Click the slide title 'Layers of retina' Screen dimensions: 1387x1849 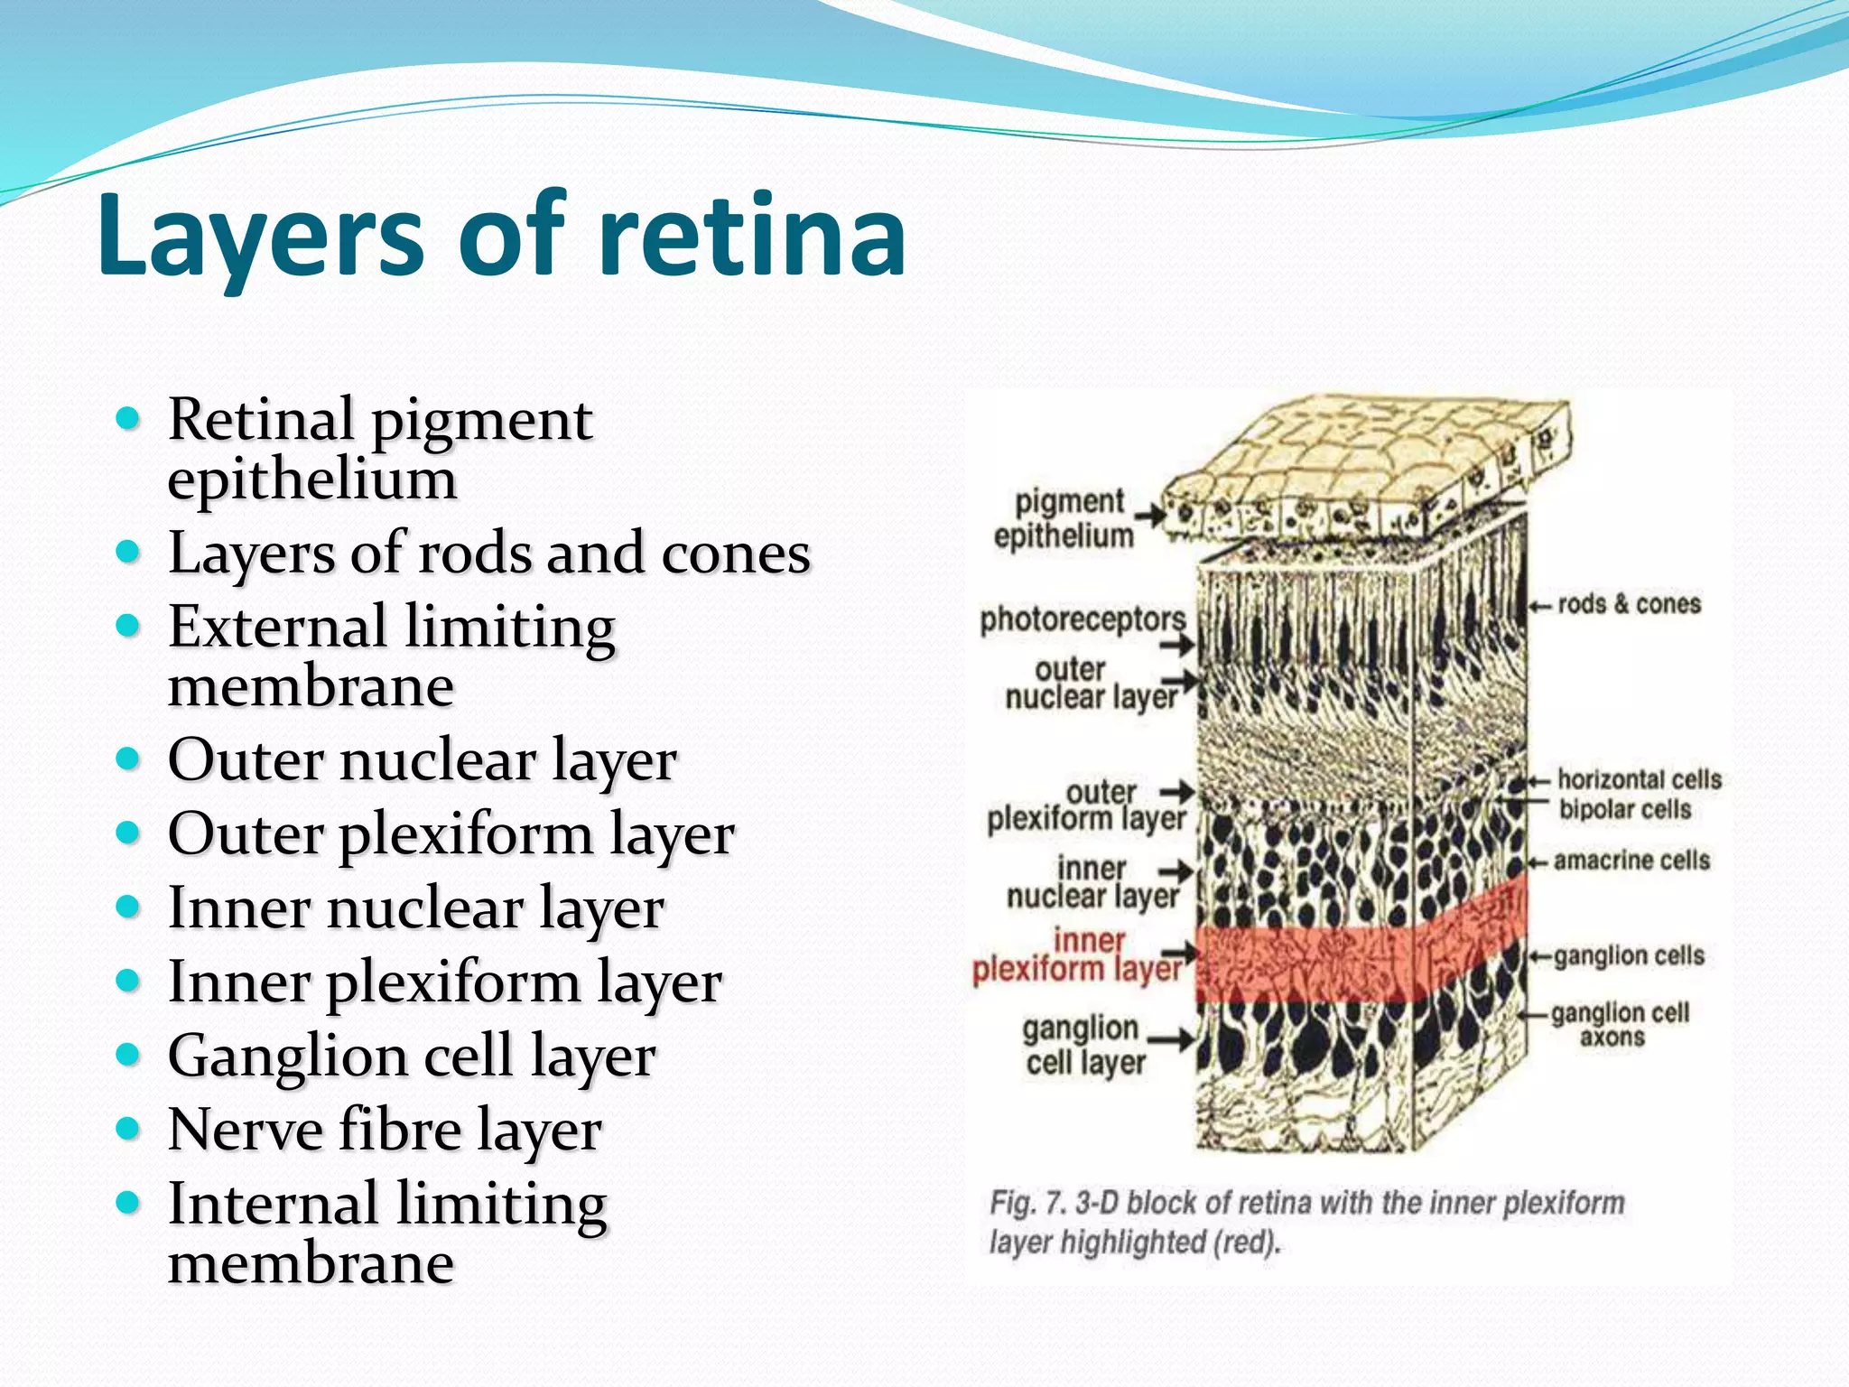(x=502, y=237)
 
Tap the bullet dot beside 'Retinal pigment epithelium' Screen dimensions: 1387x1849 (x=129, y=419)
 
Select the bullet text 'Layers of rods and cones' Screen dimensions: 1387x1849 (x=488, y=553)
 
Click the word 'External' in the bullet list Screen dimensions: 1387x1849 (x=277, y=627)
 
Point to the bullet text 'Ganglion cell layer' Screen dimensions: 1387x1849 (x=412, y=1056)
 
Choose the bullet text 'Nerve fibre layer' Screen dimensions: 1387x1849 (x=385, y=1130)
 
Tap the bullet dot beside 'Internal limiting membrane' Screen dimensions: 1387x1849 (x=129, y=1203)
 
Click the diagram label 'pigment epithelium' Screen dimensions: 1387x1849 (x=1064, y=518)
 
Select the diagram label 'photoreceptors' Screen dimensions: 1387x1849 (x=1082, y=619)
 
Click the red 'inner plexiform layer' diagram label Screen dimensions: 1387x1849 (x=1076, y=955)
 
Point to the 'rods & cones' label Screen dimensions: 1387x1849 (x=1629, y=604)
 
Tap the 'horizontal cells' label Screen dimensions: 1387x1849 (x=1639, y=779)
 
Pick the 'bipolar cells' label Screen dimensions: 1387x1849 (x=1624, y=809)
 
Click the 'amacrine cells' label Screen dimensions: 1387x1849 (x=1631, y=861)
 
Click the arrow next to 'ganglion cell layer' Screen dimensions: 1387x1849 (x=1171, y=1039)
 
